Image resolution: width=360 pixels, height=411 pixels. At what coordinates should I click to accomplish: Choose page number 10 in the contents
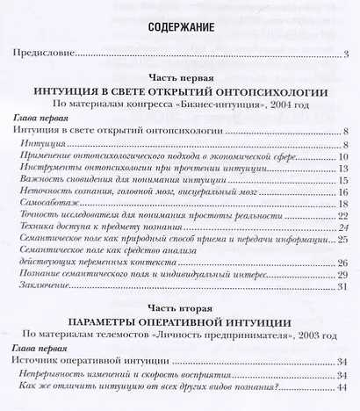[x=344, y=154]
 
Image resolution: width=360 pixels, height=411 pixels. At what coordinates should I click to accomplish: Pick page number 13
[x=344, y=167]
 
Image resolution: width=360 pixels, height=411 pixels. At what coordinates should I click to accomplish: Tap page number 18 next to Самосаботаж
[x=344, y=205]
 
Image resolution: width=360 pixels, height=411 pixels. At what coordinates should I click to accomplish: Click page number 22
[x=344, y=217]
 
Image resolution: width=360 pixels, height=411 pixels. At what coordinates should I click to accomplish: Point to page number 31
[x=344, y=287]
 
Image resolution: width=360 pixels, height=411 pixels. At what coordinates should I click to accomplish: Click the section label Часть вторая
[x=180, y=307]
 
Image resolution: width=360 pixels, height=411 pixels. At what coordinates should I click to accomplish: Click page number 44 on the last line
[x=344, y=387]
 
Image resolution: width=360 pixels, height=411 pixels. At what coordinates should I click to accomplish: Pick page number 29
[x=344, y=275]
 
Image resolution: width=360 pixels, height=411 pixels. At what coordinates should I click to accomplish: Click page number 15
[x=344, y=179]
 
